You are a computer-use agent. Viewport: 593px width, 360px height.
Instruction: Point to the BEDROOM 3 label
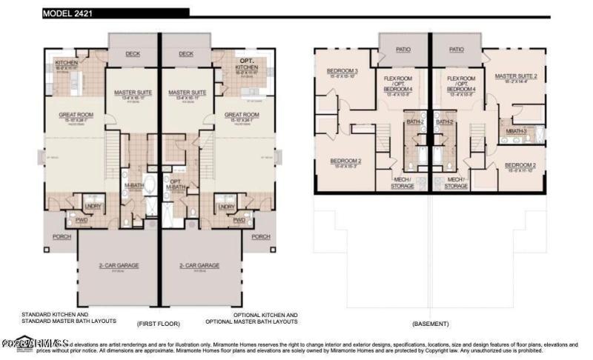tap(342, 71)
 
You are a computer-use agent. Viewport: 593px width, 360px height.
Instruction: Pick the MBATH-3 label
tap(516, 131)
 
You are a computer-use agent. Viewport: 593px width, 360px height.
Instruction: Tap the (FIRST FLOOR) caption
tap(157, 324)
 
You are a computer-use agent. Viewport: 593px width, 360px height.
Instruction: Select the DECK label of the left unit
tap(133, 53)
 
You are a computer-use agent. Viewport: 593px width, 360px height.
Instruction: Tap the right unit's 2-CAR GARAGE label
tap(199, 265)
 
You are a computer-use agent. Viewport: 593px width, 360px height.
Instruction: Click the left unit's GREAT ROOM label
tap(76, 115)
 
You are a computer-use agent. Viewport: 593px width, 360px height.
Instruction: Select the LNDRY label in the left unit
tap(93, 207)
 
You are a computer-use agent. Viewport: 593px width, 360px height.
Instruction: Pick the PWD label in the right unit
tap(239, 220)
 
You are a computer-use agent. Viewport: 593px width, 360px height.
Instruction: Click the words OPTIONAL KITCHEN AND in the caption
tap(251, 314)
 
